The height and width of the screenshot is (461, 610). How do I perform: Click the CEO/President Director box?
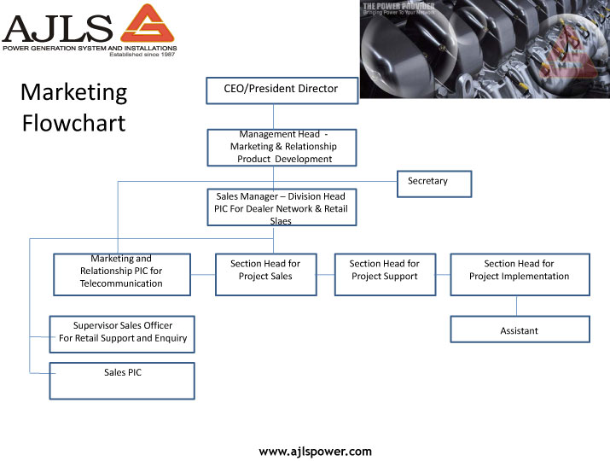click(x=282, y=90)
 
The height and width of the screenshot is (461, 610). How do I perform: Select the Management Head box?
click(x=282, y=147)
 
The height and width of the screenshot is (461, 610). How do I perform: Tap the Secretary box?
click(x=433, y=184)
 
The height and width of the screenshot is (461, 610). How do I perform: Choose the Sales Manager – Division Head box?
click(x=282, y=207)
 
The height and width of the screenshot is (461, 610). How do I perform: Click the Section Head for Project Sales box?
click(x=265, y=274)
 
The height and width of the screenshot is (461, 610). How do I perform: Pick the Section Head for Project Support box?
click(x=384, y=274)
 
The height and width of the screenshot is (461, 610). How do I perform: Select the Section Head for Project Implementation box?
click(x=520, y=274)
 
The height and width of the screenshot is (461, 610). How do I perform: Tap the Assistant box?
click(x=520, y=330)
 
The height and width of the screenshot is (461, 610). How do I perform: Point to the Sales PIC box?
click(x=123, y=381)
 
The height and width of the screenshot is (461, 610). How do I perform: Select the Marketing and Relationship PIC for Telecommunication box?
click(x=121, y=274)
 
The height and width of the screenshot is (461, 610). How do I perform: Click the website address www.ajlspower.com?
click(x=316, y=451)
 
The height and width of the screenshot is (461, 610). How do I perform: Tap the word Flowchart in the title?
click(x=74, y=123)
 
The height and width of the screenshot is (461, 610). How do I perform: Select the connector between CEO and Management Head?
click(x=274, y=117)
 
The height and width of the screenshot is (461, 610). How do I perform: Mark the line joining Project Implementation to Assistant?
click(x=517, y=306)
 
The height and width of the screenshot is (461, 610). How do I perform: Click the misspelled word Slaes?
click(x=281, y=221)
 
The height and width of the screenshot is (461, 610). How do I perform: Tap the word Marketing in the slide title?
click(x=74, y=92)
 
